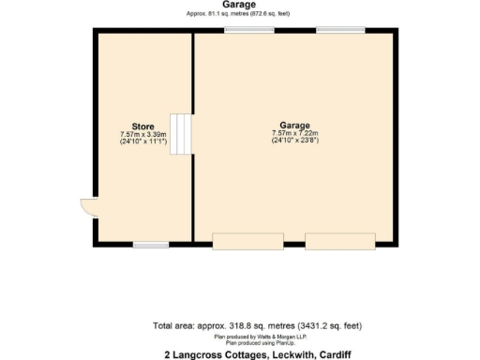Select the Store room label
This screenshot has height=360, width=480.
142,127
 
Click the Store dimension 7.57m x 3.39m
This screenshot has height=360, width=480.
142,135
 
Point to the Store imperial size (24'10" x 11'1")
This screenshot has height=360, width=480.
142,142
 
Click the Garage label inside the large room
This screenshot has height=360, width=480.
294,125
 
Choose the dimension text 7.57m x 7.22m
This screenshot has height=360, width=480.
294,133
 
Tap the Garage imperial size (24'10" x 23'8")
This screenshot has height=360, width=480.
294,141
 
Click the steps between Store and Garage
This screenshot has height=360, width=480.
185,134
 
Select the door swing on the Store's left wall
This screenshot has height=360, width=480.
88,207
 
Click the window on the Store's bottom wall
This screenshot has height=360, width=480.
150,245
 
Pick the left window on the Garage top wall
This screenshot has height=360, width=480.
248,31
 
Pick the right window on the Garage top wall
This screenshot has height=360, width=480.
339,31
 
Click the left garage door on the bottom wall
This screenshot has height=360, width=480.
247,243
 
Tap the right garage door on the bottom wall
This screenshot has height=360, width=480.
338,243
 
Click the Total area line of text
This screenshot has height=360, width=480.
244,326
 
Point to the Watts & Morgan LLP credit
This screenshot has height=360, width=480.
245,336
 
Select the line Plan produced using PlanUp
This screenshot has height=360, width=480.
245,342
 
